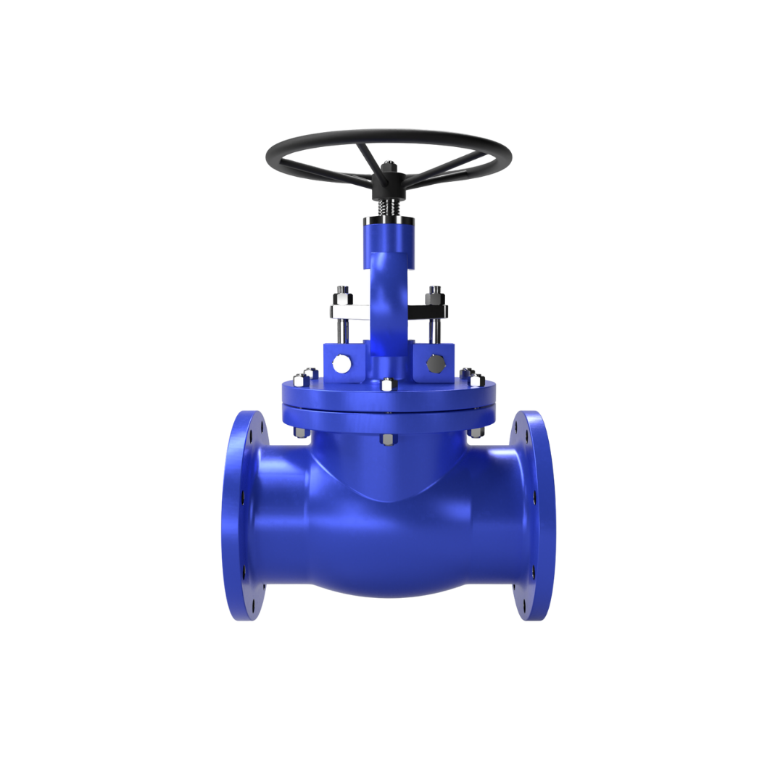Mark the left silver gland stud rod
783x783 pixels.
coord(341,331)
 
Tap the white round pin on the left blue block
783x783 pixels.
coord(339,363)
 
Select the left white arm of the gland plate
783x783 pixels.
coord(349,311)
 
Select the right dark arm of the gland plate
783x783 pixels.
coord(428,311)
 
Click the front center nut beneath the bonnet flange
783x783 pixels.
coord(387,440)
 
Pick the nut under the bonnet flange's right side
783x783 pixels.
coord(476,434)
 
